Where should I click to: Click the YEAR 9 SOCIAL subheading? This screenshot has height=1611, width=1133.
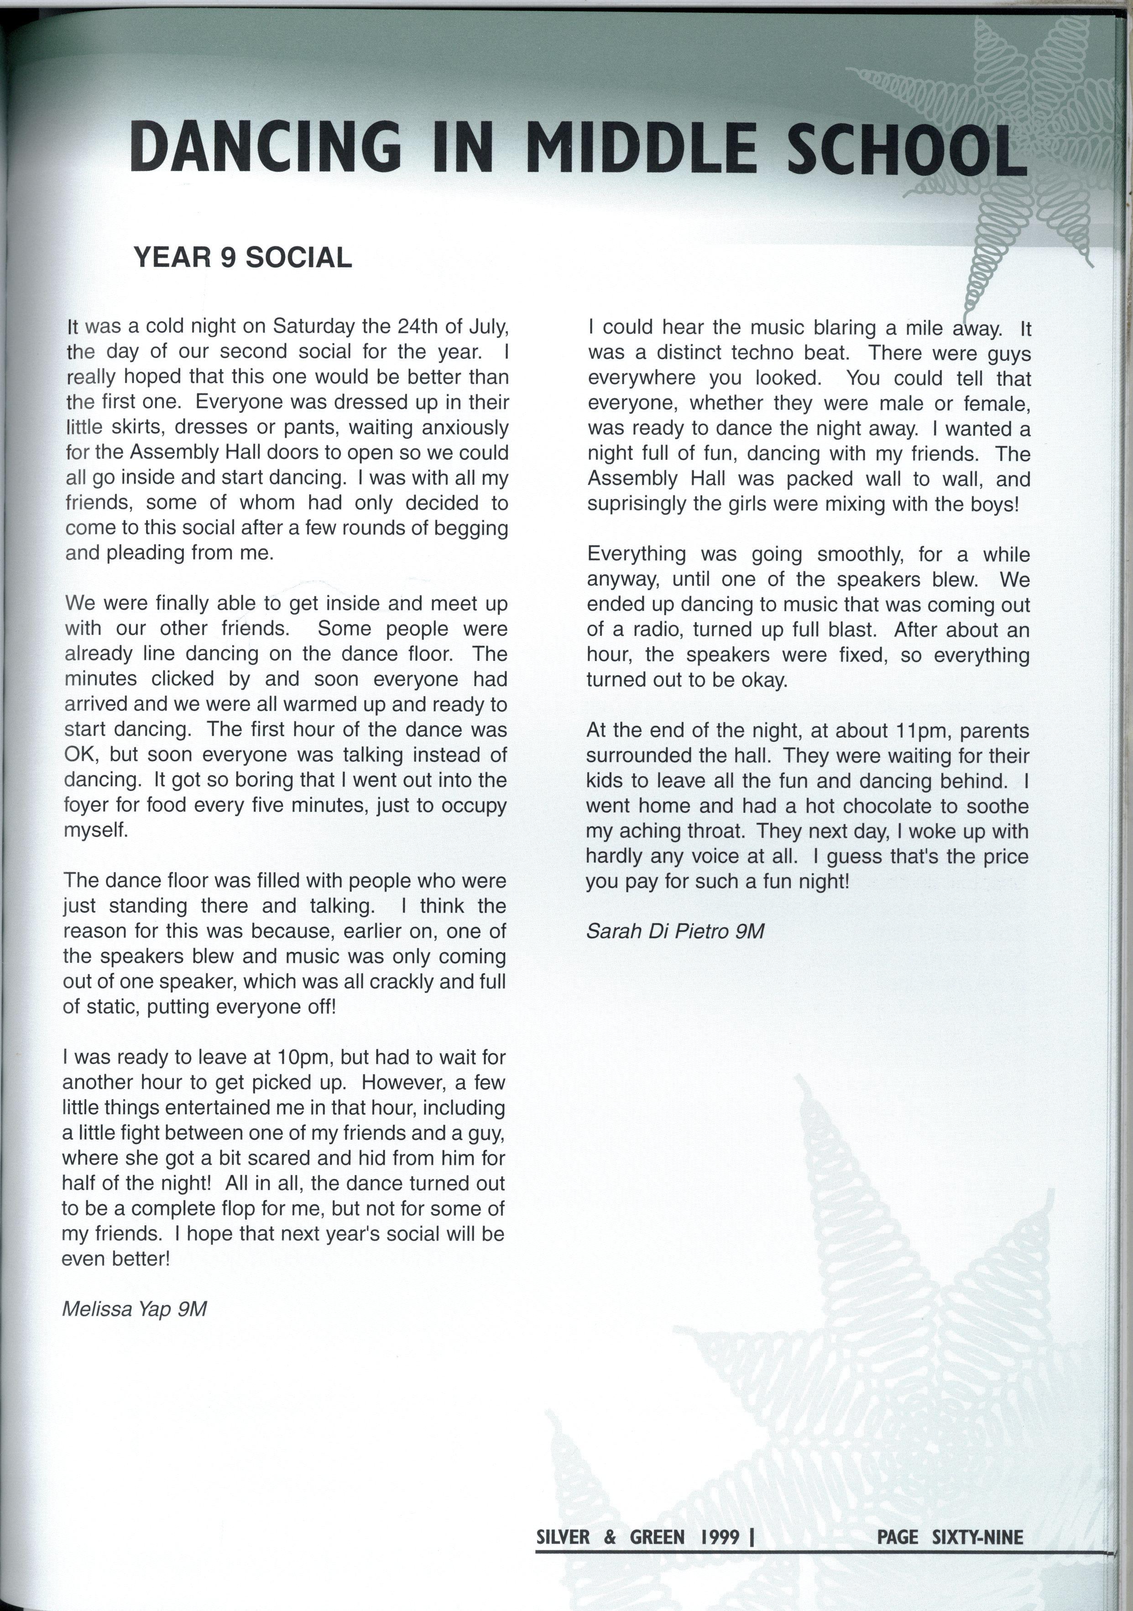(242, 258)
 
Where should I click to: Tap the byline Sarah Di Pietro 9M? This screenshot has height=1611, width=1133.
(674, 931)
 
